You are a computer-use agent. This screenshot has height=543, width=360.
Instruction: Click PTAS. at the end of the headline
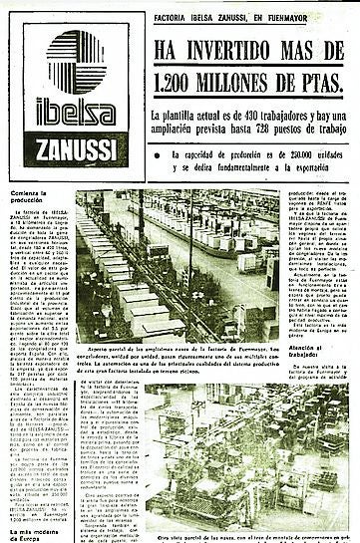point(321,83)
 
